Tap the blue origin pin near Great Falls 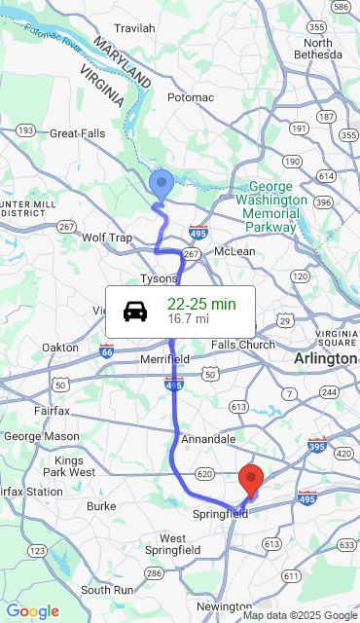(162, 184)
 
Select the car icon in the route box (136, 311)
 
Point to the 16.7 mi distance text (188, 318)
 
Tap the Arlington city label (325, 359)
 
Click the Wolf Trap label (107, 238)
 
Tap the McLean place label (234, 251)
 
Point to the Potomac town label (190, 97)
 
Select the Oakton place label (60, 348)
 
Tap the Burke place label (101, 506)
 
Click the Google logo (32, 611)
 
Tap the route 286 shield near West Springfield (153, 573)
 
